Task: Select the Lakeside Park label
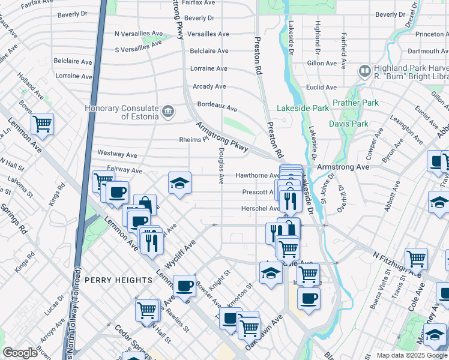303,108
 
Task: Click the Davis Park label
348,124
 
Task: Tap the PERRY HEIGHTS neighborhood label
118,280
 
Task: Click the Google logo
20,353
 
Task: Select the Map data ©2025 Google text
412,355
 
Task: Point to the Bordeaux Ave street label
217,106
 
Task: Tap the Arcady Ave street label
209,86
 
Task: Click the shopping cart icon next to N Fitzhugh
416,259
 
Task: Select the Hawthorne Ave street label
257,175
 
